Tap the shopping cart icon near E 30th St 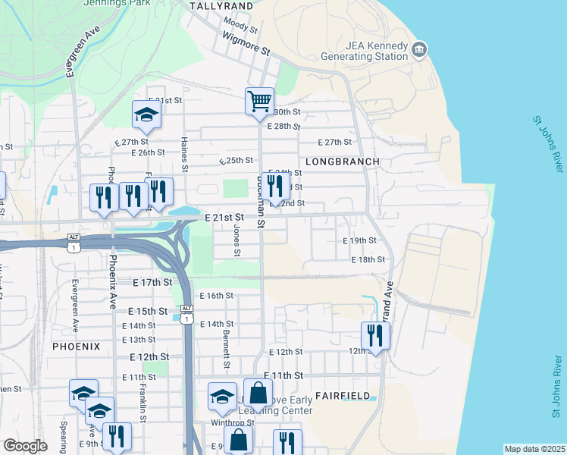pyautogui.click(x=259, y=101)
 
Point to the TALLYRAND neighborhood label pyautogui.click(x=221, y=5)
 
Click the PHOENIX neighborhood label pyautogui.click(x=77, y=347)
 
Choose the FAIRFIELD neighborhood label pyautogui.click(x=343, y=396)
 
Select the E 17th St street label pyautogui.click(x=154, y=282)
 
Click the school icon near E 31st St pyautogui.click(x=146, y=115)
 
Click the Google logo pyautogui.click(x=25, y=446)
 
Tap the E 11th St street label pyautogui.click(x=283, y=375)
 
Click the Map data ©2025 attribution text pyautogui.click(x=534, y=449)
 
